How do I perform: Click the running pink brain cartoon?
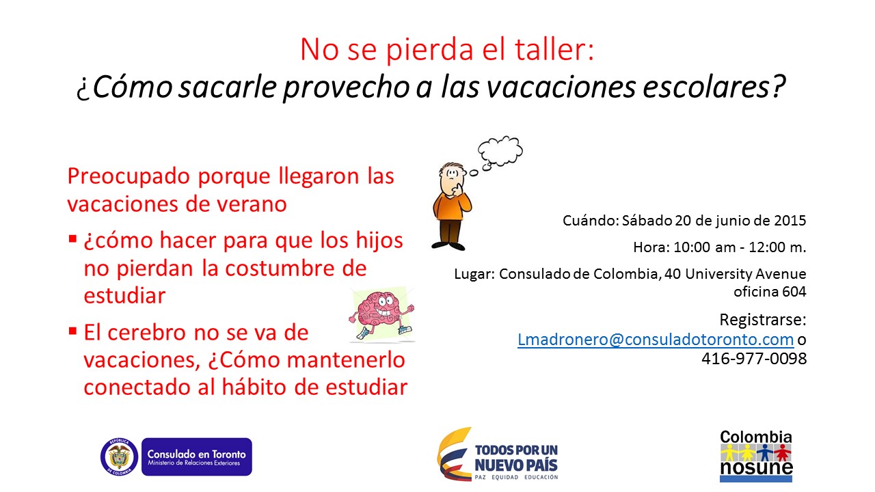click(381, 315)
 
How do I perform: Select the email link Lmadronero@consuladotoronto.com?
click(656, 340)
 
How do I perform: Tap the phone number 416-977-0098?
click(754, 359)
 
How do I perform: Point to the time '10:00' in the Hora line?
click(692, 247)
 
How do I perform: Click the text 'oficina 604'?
click(770, 292)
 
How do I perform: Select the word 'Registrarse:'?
click(763, 320)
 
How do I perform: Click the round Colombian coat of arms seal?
click(119, 456)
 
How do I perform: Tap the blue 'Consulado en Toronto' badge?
click(196, 456)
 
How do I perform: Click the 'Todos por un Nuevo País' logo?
click(498, 454)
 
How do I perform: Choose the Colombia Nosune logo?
click(756, 456)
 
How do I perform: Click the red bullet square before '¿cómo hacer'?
click(72, 238)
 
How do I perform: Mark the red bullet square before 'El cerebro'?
click(72, 331)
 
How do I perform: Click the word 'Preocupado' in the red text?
click(129, 176)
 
